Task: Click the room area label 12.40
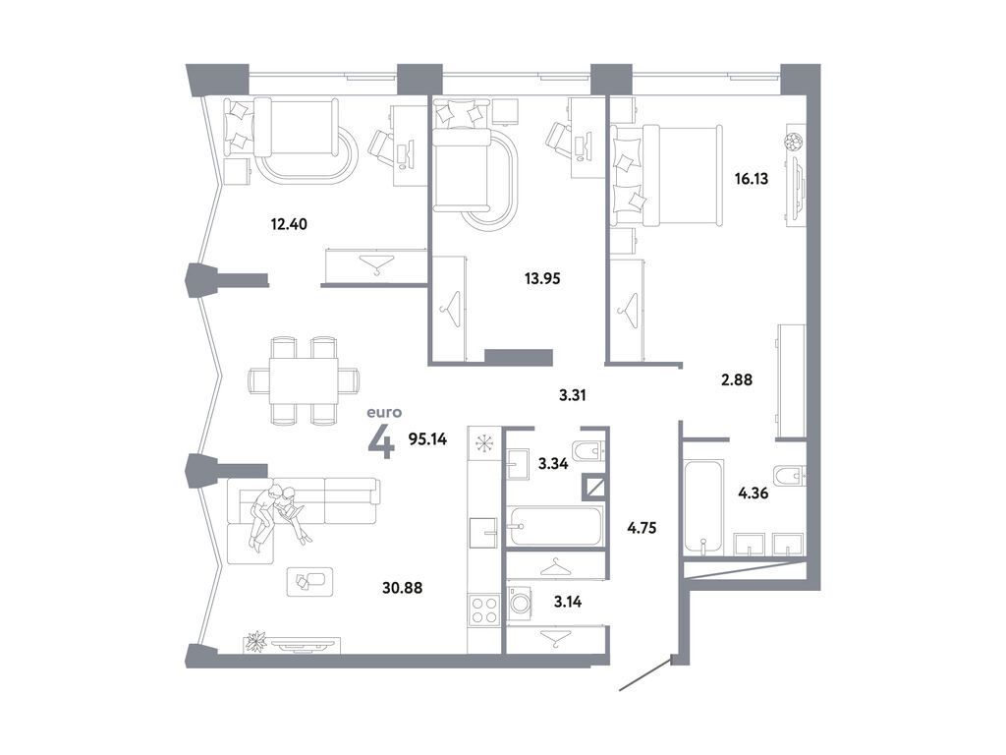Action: pyautogui.click(x=290, y=223)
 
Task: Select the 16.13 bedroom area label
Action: pyautogui.click(x=754, y=179)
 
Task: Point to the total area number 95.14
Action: pyautogui.click(x=427, y=439)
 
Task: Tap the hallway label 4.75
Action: pyautogui.click(x=642, y=527)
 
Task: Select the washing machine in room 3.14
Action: pyautogui.click(x=520, y=604)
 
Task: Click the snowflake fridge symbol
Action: pyautogui.click(x=484, y=442)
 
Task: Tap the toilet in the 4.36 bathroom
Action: pyautogui.click(x=789, y=477)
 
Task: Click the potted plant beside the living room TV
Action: pyautogui.click(x=256, y=642)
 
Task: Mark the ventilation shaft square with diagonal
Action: pyautogui.click(x=594, y=484)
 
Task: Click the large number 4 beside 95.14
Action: pyautogui.click(x=381, y=441)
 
